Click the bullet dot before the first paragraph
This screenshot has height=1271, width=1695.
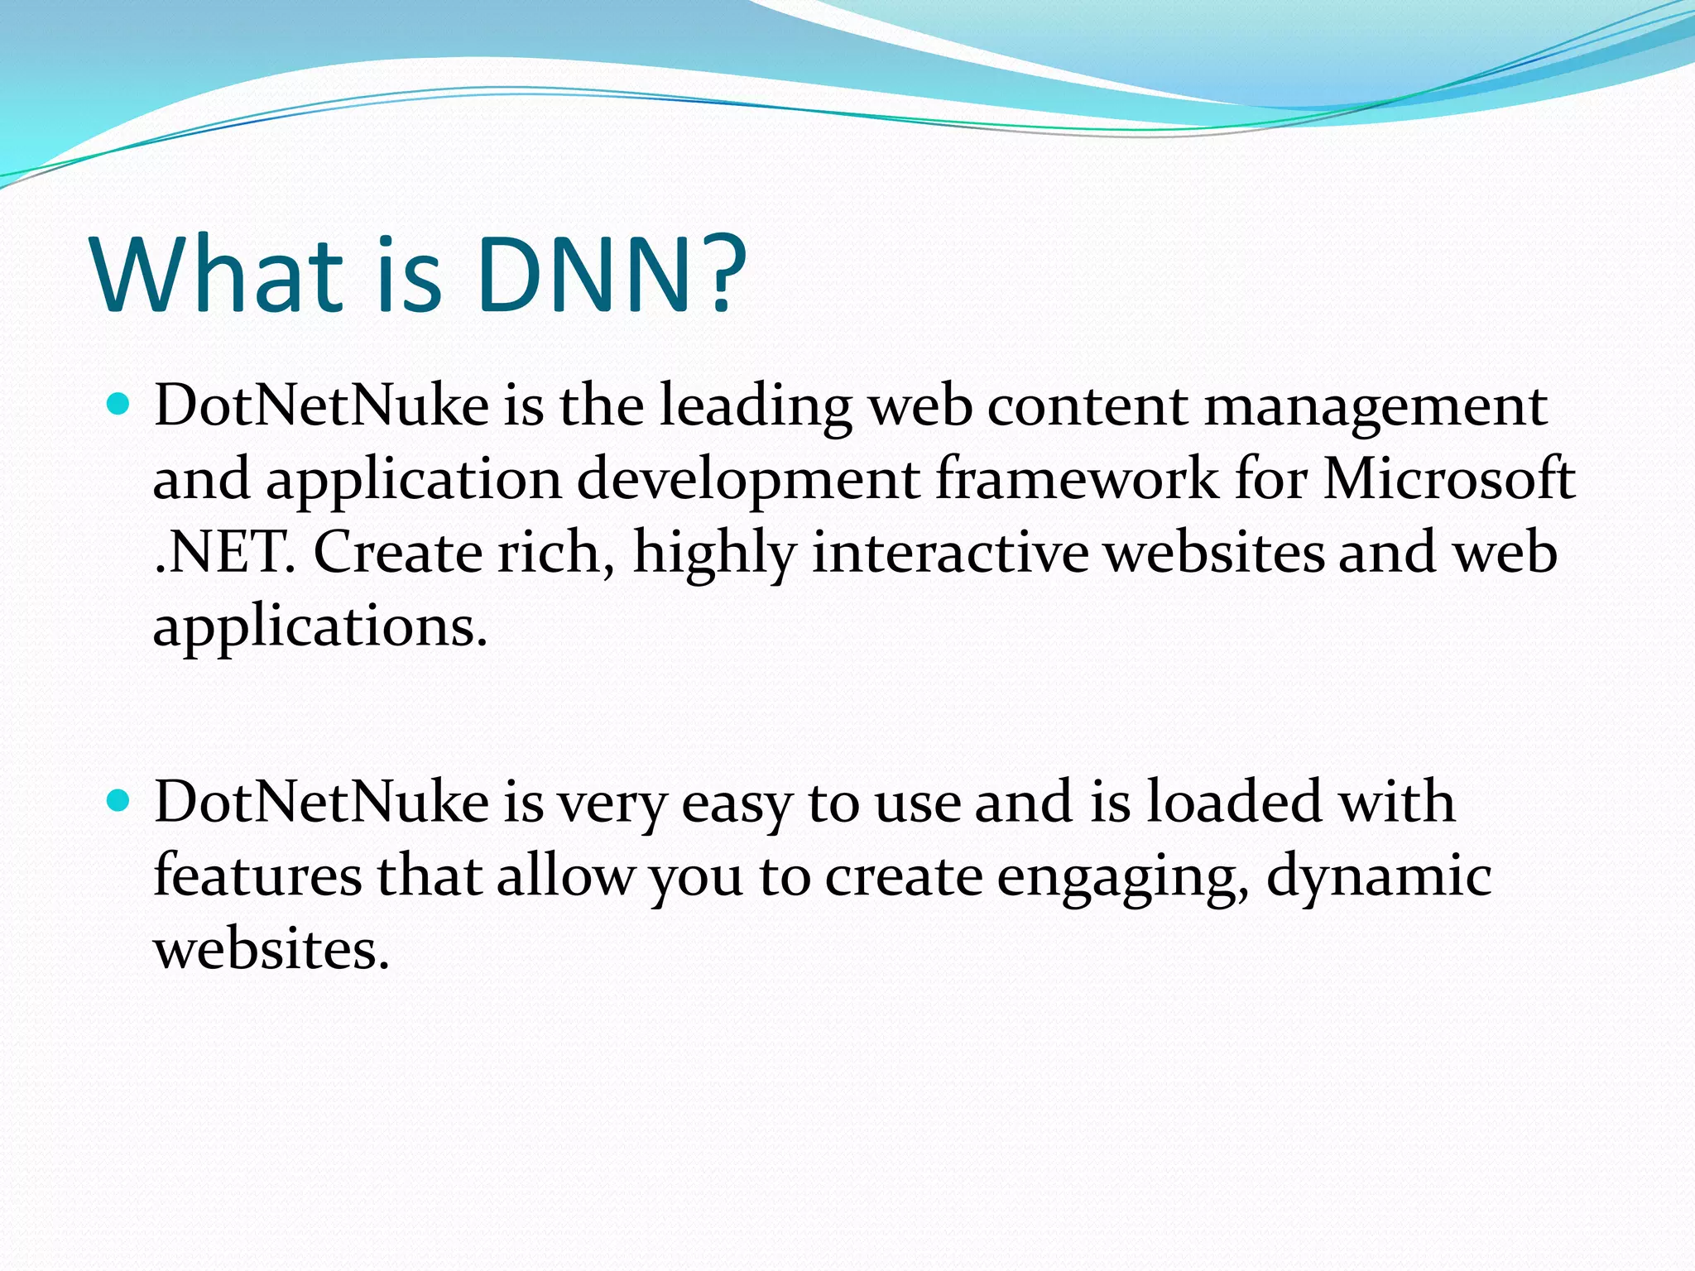[x=119, y=405]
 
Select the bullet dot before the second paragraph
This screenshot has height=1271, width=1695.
[x=119, y=801]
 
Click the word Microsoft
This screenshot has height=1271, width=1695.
[x=1448, y=479]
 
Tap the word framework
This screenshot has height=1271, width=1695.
[x=1076, y=479]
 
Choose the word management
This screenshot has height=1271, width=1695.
[x=1375, y=406]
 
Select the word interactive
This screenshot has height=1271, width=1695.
[x=950, y=553]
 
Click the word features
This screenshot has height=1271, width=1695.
[x=257, y=875]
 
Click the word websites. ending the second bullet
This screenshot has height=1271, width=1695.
[x=271, y=949]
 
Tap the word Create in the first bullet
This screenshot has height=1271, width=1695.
[x=398, y=553]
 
